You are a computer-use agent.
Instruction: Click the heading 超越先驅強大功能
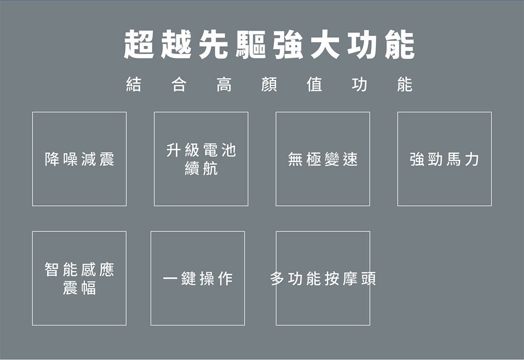269,45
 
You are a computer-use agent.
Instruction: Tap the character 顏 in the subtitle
269,84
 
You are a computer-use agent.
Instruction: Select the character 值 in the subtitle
314,84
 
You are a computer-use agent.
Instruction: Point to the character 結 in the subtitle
133,84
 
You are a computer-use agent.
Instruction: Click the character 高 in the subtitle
224,84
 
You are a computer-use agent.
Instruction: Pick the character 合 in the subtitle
179,84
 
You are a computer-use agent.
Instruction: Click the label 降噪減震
79,159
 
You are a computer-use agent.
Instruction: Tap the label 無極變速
323,159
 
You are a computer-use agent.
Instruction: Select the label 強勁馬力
445,159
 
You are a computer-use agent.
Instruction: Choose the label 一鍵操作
198,279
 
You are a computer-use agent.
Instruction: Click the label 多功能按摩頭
323,279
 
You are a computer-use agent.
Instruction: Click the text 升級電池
201,150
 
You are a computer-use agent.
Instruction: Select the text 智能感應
79,270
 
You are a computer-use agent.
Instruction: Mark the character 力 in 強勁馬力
472,159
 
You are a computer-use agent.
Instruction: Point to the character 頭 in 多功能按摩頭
368,279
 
